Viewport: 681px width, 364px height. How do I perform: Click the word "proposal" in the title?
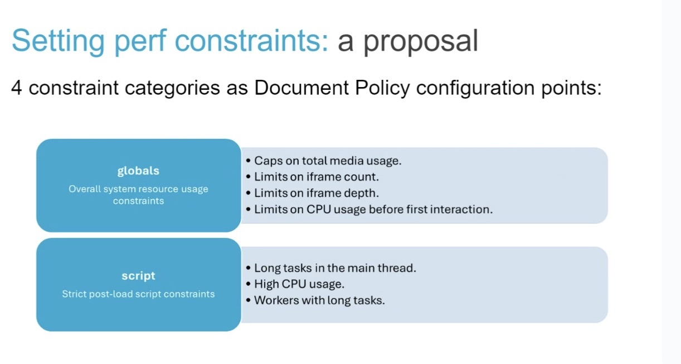point(420,41)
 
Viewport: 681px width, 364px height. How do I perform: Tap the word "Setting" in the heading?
point(58,41)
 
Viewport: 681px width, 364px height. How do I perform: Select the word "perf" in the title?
point(140,41)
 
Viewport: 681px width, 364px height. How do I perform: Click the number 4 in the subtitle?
point(17,88)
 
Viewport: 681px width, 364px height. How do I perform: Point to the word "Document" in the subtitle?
point(301,88)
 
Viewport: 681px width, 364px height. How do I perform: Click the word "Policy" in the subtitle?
point(382,88)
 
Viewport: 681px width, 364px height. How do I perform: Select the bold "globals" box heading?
point(138,171)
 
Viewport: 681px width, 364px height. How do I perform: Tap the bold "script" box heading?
point(138,276)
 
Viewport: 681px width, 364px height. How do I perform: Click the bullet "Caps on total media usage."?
point(324,161)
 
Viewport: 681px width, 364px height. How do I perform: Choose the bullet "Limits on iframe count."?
point(313,177)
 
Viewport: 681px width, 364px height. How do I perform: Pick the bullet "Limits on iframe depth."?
point(313,193)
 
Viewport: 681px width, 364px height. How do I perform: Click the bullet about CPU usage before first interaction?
point(369,209)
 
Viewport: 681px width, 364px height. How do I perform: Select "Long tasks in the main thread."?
point(331,268)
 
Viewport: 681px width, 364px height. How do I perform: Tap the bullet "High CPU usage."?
point(295,284)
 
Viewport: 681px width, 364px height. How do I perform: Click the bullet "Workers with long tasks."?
point(315,300)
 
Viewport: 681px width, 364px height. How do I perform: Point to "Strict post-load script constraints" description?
point(138,294)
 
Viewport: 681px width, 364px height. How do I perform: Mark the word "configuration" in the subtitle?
point(475,88)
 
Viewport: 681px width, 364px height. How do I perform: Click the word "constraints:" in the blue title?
point(252,41)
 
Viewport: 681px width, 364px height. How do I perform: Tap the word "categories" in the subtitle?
point(172,88)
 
